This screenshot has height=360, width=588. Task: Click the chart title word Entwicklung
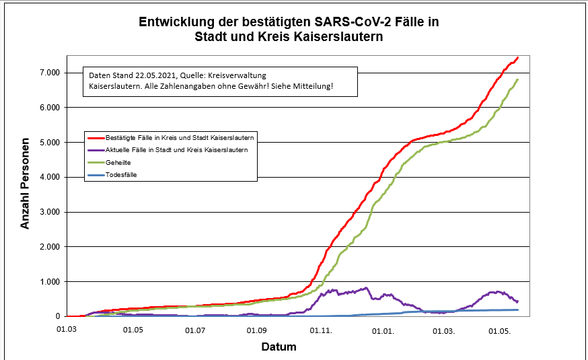[174, 22]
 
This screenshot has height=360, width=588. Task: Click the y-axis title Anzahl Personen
[25, 184]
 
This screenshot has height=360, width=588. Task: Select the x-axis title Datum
[279, 347]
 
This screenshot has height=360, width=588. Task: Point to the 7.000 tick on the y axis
[47, 73]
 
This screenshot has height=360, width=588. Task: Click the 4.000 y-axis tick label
[47, 177]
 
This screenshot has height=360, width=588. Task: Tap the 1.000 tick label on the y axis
[47, 281]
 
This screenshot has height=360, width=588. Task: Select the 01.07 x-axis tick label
[195, 330]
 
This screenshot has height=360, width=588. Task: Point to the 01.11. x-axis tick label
[320, 330]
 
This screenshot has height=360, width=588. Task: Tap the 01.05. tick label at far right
[499, 330]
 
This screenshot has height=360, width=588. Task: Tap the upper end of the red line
[517, 58]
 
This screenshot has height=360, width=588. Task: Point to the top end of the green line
[517, 80]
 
